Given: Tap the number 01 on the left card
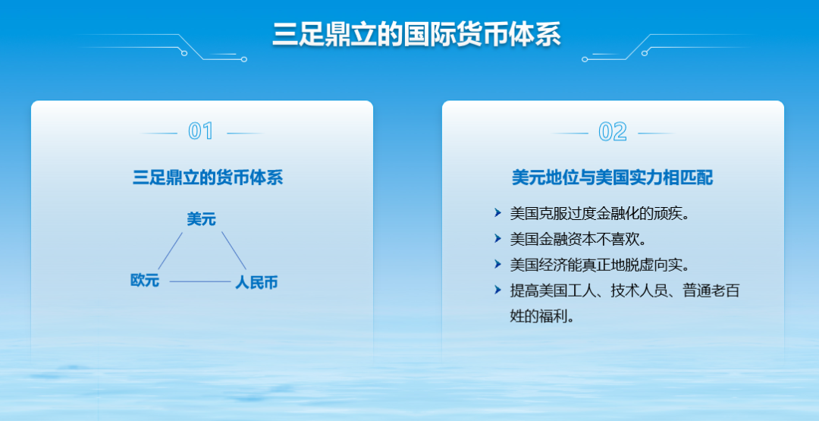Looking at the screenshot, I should coord(201,131).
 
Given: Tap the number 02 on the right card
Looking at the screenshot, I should coord(613,132).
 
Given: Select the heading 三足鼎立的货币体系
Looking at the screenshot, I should coord(207,178).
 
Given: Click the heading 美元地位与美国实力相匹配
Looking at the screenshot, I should coord(612,178).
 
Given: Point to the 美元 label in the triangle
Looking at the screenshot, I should coord(202,219).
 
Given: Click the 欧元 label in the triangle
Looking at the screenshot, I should coord(145,281).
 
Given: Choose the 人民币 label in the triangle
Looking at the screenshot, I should coord(256,283).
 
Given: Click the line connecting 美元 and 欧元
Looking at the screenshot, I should coord(170,251).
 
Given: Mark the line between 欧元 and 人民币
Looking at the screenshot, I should coord(199,281).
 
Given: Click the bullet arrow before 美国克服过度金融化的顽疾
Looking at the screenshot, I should coord(497,213).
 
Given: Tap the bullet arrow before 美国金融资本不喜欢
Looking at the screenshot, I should coord(497,239).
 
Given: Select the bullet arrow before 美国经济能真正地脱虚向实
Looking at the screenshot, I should coord(497,264).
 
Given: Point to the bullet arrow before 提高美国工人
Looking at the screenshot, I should coord(497,290).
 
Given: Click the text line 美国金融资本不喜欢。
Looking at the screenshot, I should coord(578,239).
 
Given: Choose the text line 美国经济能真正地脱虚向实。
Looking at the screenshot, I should coord(601,265).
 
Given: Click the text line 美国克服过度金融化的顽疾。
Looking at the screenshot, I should coord(601,213).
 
